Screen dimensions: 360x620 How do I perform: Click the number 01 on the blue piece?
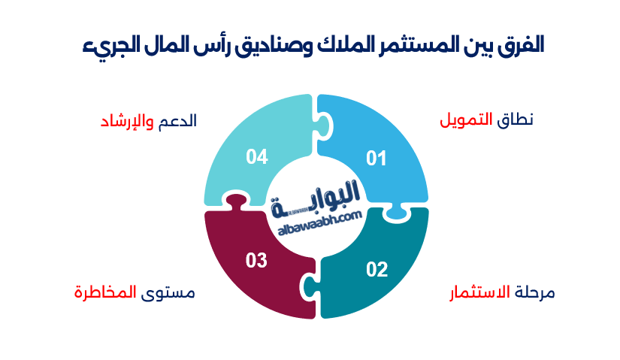coord(376,159)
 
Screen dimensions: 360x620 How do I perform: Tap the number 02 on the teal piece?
coord(377,269)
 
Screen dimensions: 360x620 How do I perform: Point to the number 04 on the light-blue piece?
coord(257,156)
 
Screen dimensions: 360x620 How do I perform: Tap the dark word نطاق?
coord(516,119)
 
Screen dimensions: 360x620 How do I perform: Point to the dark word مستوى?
coord(168,292)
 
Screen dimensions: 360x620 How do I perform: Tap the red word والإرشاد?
coord(127,121)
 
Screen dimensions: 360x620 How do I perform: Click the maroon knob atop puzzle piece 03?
coord(234,201)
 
